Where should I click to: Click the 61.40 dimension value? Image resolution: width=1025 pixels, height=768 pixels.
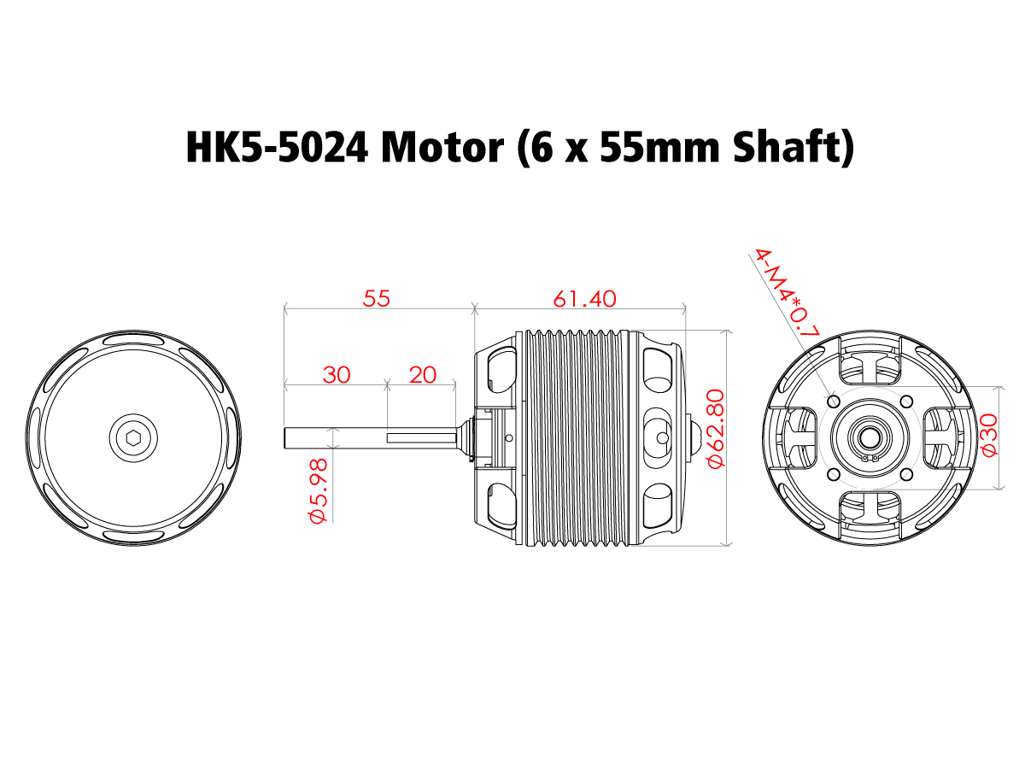coord(584,298)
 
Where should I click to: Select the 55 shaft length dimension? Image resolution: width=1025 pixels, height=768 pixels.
coord(376,298)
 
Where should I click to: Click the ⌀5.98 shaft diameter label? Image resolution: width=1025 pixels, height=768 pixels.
coord(318,491)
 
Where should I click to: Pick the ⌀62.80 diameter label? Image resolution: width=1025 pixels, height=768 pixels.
coord(716,427)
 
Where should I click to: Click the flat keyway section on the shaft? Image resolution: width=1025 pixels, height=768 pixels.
coord(422,437)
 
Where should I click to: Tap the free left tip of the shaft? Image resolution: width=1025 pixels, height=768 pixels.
coord(288,437)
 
